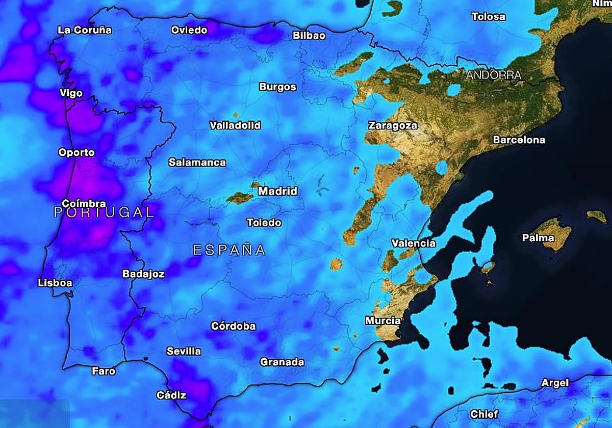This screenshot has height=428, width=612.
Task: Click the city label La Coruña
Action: point(85,30)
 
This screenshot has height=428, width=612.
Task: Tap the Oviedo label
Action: point(189,30)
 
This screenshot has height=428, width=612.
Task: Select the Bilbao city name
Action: point(309,36)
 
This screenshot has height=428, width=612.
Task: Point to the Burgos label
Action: point(277,87)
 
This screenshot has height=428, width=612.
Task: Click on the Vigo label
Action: point(71,93)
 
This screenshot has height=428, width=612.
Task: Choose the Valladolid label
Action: point(235,125)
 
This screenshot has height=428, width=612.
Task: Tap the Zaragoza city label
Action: point(393,125)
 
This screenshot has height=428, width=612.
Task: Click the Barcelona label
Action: point(519,140)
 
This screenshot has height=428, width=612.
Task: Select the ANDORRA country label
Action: point(494,75)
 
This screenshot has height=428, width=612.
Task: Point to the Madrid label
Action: point(277,192)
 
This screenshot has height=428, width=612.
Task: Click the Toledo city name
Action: point(264,223)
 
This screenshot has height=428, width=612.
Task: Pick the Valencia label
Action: point(414,243)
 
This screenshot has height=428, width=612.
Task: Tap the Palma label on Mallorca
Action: point(538,238)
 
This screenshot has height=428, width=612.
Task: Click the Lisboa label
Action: point(55,283)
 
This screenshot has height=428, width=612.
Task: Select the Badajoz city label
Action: point(143,274)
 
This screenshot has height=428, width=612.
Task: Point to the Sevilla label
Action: point(184,352)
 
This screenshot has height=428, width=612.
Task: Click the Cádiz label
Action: point(171,395)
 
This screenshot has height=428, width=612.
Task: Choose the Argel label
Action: point(555,383)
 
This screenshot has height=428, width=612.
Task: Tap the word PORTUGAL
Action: point(104,212)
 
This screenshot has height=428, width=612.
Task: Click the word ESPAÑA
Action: point(229,250)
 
